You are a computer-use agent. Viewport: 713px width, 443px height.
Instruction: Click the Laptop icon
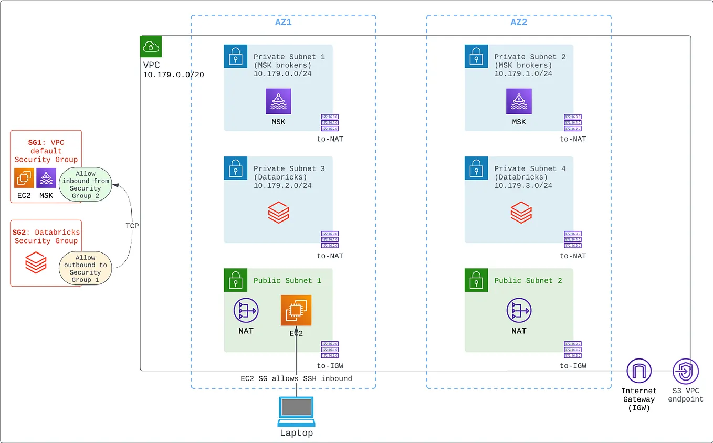coord(296,411)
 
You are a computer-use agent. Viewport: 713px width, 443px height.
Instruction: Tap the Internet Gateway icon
coord(639,372)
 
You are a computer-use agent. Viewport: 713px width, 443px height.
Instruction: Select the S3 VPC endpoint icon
coord(686,372)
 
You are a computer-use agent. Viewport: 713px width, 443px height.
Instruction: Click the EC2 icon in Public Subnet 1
coord(296,310)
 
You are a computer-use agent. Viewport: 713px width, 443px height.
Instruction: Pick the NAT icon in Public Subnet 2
coord(519,310)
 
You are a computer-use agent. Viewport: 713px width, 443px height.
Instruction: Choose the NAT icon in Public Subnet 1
coord(246,310)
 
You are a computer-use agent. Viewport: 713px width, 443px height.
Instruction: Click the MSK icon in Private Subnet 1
coord(278,101)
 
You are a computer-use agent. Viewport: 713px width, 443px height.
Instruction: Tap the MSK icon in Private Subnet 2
coord(519,101)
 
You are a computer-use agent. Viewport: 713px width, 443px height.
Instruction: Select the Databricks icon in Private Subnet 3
coord(278,213)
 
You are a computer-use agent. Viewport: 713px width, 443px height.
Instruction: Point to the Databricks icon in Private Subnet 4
coord(521,213)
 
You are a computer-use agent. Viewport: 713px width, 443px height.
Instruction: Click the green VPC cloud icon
coord(151,47)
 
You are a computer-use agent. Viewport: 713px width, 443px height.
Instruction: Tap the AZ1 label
coord(284,23)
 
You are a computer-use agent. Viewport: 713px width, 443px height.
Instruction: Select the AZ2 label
coord(519,23)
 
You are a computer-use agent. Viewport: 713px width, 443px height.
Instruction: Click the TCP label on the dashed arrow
coord(132,225)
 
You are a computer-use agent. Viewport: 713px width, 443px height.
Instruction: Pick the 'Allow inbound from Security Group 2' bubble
coord(86,184)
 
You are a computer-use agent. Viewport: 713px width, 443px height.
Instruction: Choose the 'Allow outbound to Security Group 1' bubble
coord(86,269)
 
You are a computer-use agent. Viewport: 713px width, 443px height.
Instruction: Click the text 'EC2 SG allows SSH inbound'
coord(296,378)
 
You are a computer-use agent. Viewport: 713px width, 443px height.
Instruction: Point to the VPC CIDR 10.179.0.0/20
coord(173,75)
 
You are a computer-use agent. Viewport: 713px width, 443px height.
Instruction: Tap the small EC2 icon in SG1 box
coord(24,178)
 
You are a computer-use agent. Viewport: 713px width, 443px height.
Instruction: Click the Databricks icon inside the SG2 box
coord(36,262)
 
